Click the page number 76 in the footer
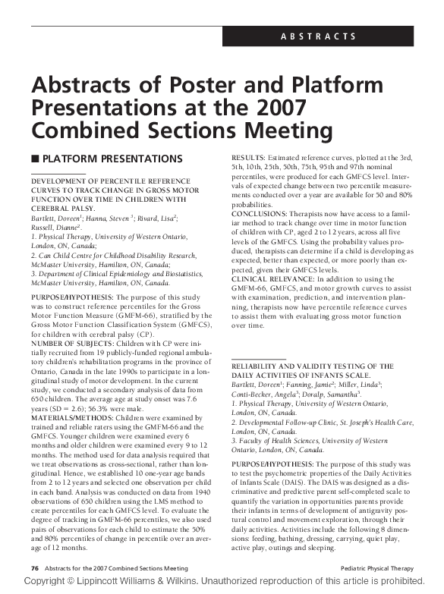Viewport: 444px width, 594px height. tap(34, 567)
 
